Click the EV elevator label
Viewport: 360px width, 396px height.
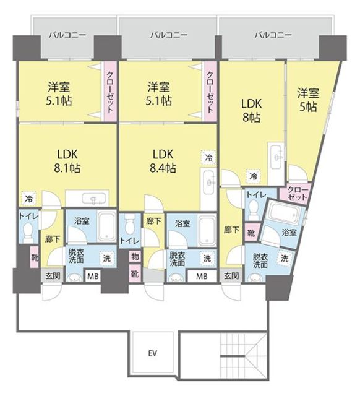coord(153,353)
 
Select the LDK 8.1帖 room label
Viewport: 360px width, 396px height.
coord(67,161)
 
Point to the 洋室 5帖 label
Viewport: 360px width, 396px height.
coord(308,100)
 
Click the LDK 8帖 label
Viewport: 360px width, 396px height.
coord(252,110)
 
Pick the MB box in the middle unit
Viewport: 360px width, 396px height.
coord(202,277)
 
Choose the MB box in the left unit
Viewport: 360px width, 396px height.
coord(93,277)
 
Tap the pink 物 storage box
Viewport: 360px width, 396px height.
coord(135,257)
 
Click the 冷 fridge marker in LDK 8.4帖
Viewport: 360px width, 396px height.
coord(208,158)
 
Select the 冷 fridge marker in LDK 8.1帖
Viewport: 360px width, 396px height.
coord(29,199)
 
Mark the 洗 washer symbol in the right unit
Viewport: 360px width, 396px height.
coord(285,259)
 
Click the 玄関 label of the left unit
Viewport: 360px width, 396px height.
coord(53,275)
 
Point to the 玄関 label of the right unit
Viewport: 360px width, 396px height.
coord(231,275)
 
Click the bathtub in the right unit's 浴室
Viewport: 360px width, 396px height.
coord(284,213)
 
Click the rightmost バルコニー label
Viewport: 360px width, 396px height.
coord(273,35)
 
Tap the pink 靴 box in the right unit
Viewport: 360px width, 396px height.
coord(251,233)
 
